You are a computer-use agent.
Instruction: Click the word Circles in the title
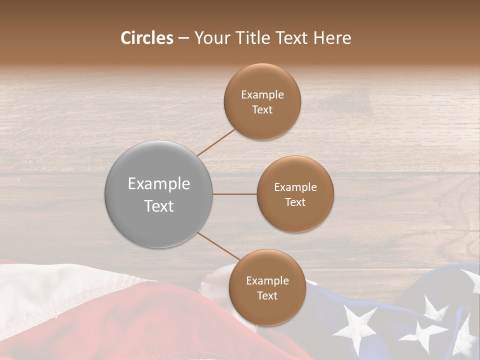point(146,38)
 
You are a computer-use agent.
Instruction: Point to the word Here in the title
point(332,38)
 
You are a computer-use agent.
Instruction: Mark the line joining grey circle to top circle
point(216,141)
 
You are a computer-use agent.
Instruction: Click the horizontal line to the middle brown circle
point(235,194)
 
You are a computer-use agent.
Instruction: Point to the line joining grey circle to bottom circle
point(218,246)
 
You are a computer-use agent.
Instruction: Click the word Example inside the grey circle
point(159,184)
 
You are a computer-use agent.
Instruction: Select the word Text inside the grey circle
point(159,206)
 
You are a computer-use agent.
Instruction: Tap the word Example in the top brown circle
point(262,95)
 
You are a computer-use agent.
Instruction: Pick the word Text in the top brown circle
point(262,110)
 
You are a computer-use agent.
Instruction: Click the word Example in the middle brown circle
point(295,187)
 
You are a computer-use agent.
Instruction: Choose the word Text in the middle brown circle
point(295,202)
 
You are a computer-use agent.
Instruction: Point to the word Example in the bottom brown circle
point(267,281)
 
